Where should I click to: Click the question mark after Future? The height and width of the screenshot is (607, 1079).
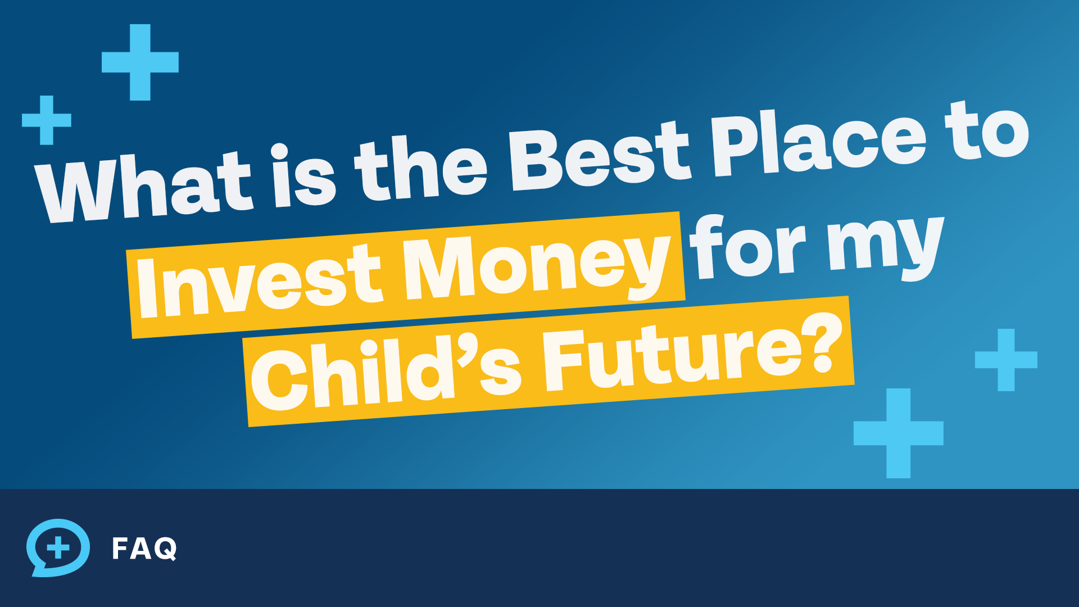coord(826,343)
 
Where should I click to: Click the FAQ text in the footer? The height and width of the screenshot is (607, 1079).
coord(144,549)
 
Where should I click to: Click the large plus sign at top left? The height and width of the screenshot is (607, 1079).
coord(140,62)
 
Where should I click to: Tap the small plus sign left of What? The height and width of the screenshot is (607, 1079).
coord(47,120)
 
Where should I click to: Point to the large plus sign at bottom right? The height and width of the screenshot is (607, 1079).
coord(898,433)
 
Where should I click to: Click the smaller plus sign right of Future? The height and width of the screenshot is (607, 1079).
coord(1006,360)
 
